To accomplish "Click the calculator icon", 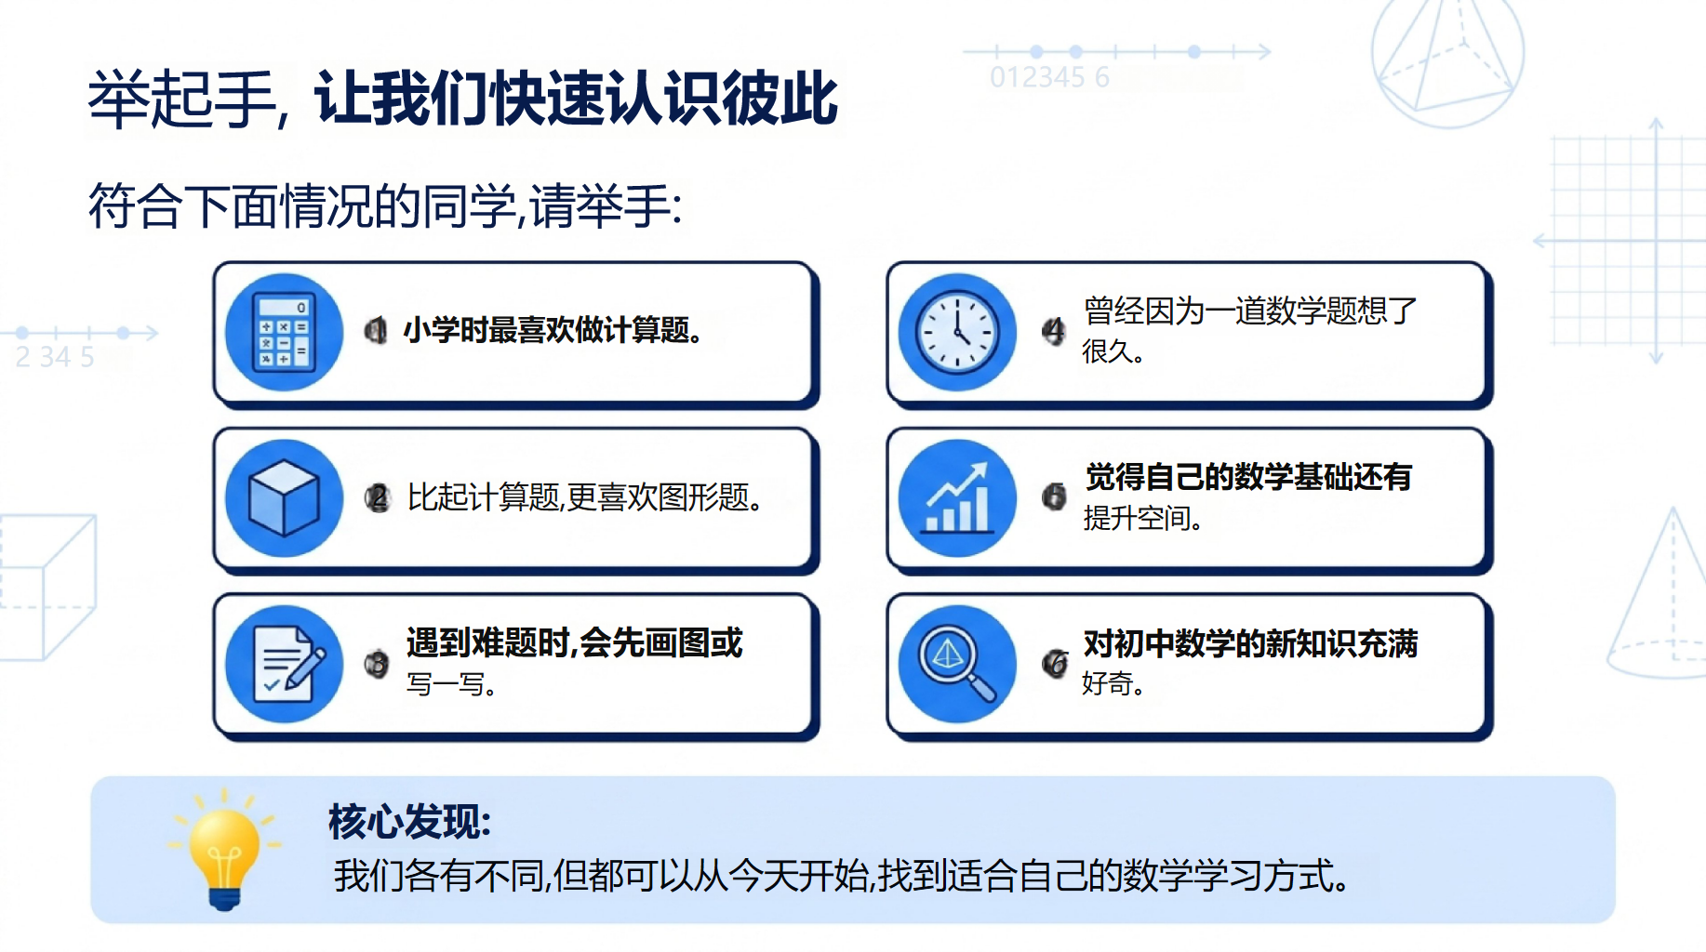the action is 285,332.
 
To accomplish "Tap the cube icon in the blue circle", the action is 284,498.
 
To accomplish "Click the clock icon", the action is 957,332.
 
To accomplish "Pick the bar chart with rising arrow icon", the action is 957,498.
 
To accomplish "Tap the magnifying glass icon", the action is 957,664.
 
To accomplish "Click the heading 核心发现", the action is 409,822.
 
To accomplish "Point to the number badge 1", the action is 376,330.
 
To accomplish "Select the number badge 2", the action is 377,498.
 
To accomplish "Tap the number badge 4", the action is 1053,331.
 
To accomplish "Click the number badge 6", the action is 1055,663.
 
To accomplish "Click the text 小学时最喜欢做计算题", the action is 553,330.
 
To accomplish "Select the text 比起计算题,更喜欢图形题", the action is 585,498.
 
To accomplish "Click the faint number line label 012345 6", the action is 1050,77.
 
